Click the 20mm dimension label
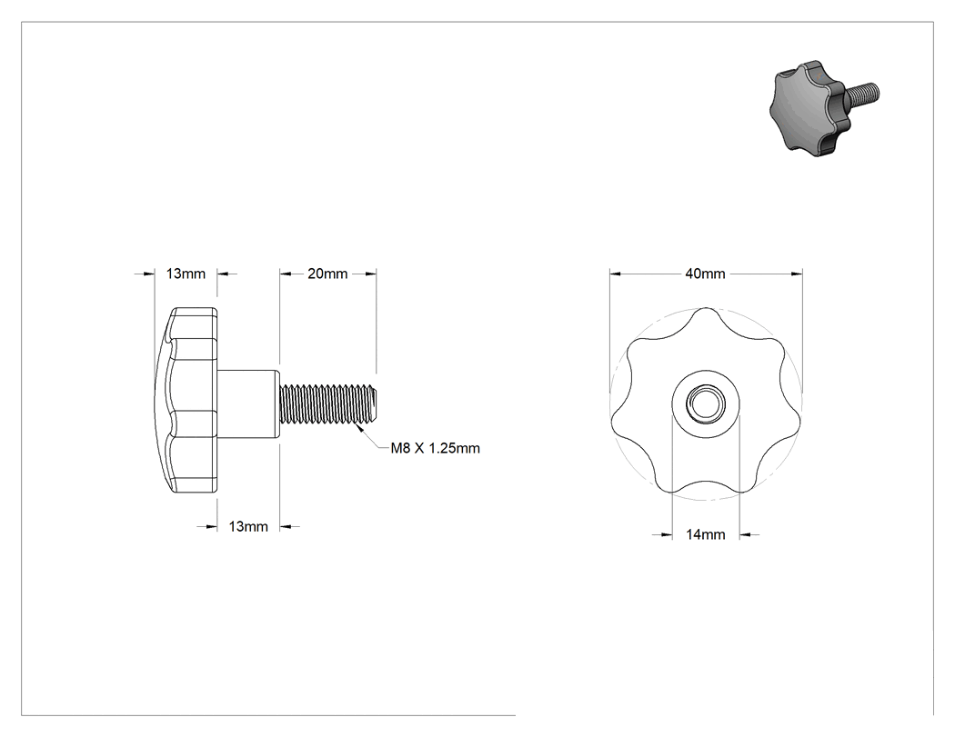(x=327, y=274)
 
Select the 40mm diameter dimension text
(x=705, y=274)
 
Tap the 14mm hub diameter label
(x=705, y=534)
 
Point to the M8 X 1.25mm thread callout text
(x=435, y=449)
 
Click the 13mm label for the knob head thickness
(x=186, y=274)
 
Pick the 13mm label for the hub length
(x=248, y=526)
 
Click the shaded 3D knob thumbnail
(x=824, y=105)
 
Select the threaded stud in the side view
(x=329, y=403)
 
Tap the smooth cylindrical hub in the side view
(x=248, y=403)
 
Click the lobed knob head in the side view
(x=186, y=400)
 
